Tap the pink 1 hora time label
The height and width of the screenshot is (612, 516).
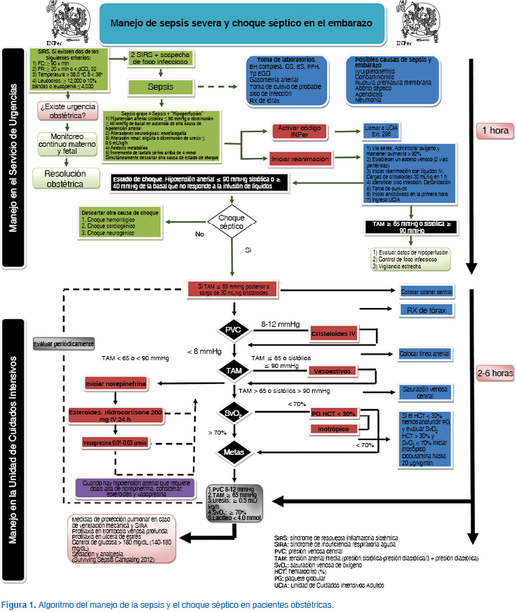tap(494, 130)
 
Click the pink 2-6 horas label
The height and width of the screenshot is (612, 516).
tap(494, 373)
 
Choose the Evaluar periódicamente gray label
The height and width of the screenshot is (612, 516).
tap(64, 344)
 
